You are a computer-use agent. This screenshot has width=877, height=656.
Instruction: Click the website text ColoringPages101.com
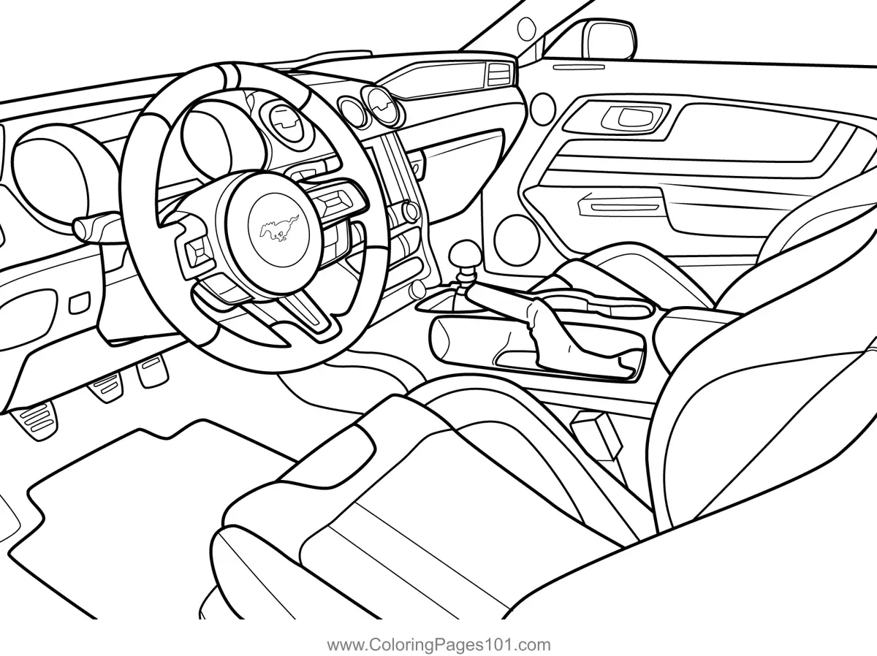(438, 645)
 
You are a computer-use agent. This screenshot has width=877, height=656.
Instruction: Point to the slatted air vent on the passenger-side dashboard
(501, 73)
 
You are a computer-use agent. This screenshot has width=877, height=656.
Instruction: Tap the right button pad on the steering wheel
(337, 201)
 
